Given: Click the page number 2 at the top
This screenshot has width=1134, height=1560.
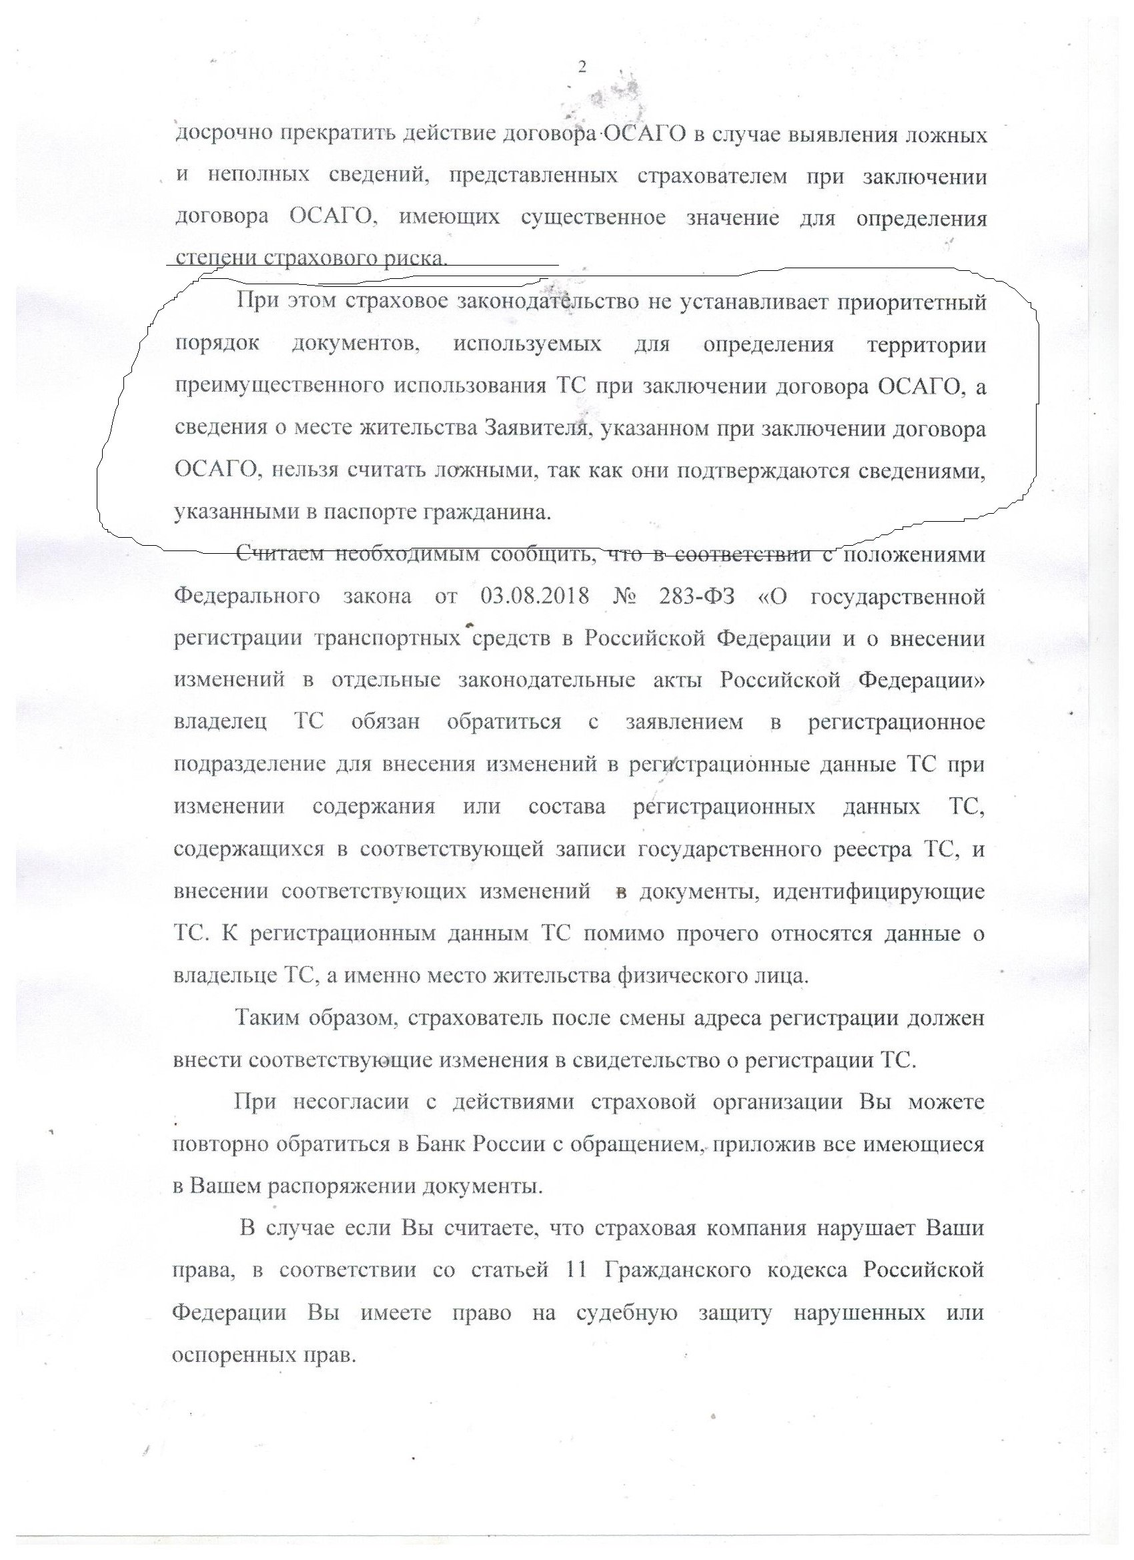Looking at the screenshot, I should pyautogui.click(x=582, y=67).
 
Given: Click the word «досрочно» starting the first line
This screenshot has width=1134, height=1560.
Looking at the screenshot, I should pyautogui.click(x=219, y=134).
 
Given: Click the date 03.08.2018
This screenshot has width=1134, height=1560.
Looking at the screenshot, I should pyautogui.click(x=532, y=596).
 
